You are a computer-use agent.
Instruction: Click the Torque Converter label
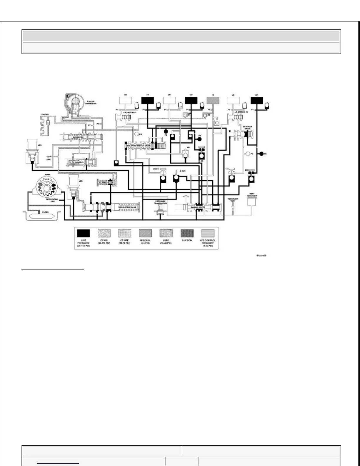tap(91, 103)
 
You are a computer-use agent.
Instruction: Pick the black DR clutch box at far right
tap(256, 100)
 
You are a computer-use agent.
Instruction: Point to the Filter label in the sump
tap(45, 212)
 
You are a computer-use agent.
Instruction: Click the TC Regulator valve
tap(105, 182)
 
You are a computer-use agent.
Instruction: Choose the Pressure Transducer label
tap(161, 202)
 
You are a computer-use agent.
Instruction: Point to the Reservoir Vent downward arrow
tap(233, 207)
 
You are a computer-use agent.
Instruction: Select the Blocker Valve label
tap(247, 128)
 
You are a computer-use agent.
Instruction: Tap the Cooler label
tap(45, 114)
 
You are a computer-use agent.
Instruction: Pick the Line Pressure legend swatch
tap(83, 233)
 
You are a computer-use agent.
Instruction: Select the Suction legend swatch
tap(187, 233)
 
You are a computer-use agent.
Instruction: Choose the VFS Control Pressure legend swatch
tap(208, 233)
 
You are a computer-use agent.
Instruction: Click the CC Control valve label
tap(77, 162)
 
